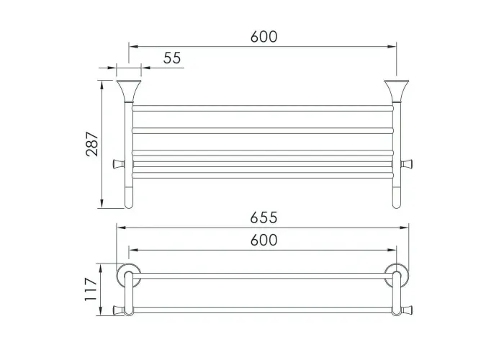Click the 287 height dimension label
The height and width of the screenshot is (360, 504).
coord(92,144)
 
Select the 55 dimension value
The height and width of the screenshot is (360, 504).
coord(172,58)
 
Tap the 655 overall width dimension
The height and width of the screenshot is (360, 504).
coord(264,217)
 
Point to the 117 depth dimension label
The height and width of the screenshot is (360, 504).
coord(91,289)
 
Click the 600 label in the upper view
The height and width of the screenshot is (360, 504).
coord(264,37)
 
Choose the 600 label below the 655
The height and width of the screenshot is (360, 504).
coord(264,240)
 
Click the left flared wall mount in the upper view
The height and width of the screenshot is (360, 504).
coord(129,90)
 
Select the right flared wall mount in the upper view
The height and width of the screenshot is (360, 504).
coord(397,90)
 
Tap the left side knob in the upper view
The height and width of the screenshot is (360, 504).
coord(119,164)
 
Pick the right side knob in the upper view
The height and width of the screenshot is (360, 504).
coord(407,164)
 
